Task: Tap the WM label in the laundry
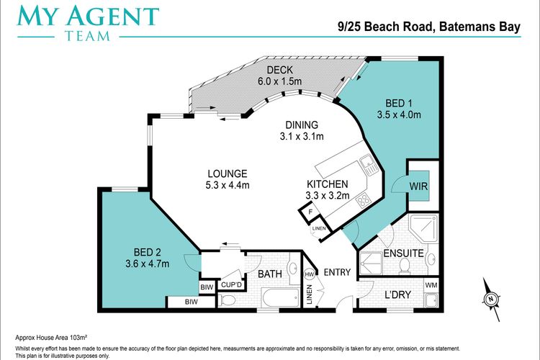click(431, 285)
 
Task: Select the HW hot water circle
click(310, 274)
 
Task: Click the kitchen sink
click(369, 165)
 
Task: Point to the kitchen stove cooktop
click(363, 200)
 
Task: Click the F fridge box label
click(310, 212)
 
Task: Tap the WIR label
click(418, 186)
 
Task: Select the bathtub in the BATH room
click(281, 297)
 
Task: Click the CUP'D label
click(231, 285)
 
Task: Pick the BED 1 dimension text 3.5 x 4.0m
click(399, 114)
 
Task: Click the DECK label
click(279, 70)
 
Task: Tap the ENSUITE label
click(403, 253)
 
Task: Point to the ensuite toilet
click(405, 266)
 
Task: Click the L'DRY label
click(397, 295)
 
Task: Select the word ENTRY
click(337, 272)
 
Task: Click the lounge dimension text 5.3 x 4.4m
click(228, 185)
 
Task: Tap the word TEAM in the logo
click(87, 36)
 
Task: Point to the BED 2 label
click(148, 253)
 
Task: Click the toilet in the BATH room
click(228, 300)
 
